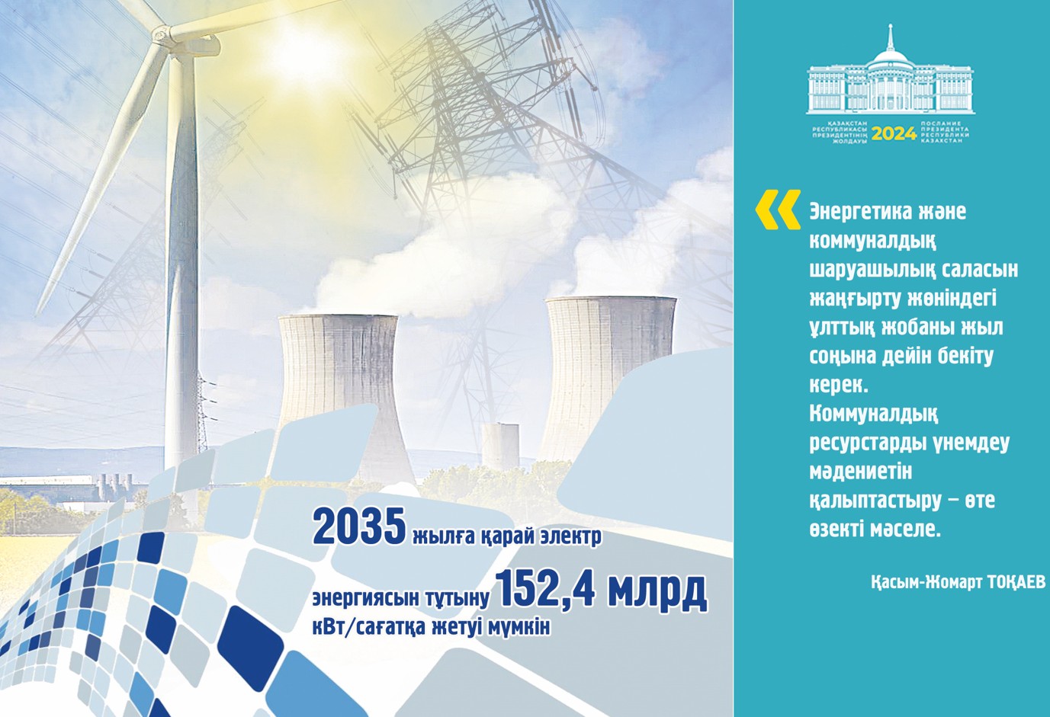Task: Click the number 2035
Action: point(358,527)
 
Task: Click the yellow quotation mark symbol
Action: point(777,210)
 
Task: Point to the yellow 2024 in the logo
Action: point(894,134)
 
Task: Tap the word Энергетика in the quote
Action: point(865,211)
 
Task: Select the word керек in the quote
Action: point(836,385)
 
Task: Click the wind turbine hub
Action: point(162,34)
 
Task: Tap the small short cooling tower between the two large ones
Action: point(500,450)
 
